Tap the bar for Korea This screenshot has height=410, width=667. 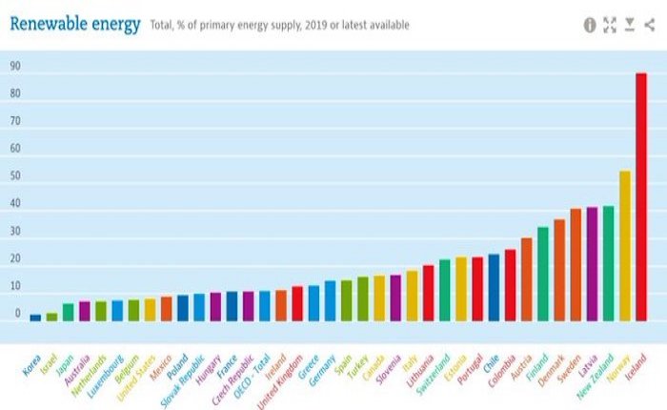click(x=35, y=318)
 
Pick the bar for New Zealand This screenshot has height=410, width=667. click(x=608, y=263)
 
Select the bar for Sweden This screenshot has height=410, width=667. click(x=576, y=265)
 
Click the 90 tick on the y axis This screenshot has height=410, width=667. click(x=15, y=67)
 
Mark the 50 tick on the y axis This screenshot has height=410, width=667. click(x=15, y=176)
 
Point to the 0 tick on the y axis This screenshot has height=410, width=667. click(x=17, y=314)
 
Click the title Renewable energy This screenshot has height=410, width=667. click(x=75, y=24)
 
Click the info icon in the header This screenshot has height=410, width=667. click(x=590, y=25)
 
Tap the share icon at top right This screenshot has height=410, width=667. click(x=649, y=25)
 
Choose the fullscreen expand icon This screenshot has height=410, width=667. click(x=610, y=25)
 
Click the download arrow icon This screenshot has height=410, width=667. click(x=630, y=25)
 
